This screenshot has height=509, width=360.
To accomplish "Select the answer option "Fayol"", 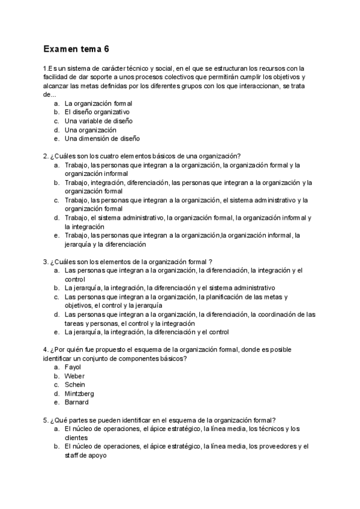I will point(72,367).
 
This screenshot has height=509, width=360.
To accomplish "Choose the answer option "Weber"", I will point(74,376).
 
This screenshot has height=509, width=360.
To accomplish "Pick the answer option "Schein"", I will point(74,385).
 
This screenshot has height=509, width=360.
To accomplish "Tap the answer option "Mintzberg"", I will point(79,394).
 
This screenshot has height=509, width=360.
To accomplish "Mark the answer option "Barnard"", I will point(76,403).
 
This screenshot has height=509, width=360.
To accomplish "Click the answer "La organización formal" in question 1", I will point(98,103).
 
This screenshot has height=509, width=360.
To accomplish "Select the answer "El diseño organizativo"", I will point(97,112).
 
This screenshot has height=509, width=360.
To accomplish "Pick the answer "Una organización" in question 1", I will point(90,130).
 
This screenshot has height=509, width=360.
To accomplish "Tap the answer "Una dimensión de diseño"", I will point(102,139).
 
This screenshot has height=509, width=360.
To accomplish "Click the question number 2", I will point(46,157).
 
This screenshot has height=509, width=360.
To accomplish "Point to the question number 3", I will point(46,262).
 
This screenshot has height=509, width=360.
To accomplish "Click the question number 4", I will point(46,349).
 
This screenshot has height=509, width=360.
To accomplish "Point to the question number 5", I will point(46,420).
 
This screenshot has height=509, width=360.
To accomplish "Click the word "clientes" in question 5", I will point(76,438).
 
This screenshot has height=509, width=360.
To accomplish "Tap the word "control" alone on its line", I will point(75,279).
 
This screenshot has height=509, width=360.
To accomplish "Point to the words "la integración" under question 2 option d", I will point(84,227).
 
